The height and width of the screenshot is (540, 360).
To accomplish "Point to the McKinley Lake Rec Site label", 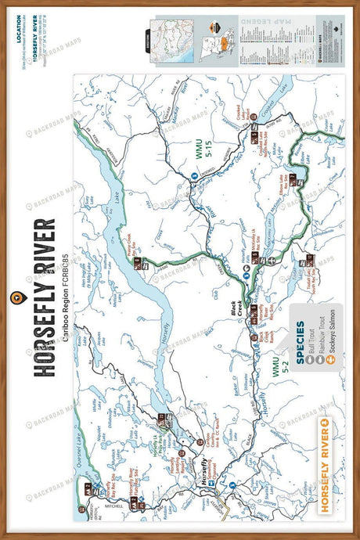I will [x=255, y=252].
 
